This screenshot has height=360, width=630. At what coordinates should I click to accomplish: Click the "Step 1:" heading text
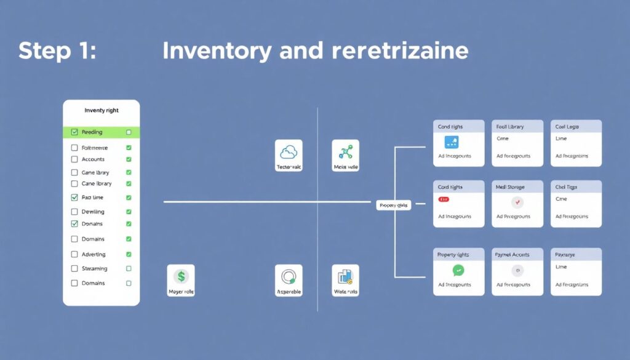pos(57,50)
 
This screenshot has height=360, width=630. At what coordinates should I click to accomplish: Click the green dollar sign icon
pos(181,276)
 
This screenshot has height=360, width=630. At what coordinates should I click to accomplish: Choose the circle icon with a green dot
pos(289,276)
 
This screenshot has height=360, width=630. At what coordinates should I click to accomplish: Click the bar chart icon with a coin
pos(345,276)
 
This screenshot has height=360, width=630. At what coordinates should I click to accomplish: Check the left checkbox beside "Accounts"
pos(74,159)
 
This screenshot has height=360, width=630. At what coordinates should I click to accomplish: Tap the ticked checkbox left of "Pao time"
pos(74,198)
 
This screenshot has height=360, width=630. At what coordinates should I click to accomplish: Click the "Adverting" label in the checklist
pos(94,254)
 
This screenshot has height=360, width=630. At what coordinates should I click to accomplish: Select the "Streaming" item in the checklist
pos(94,268)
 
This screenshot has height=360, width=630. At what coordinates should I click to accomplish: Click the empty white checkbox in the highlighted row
pos(129,132)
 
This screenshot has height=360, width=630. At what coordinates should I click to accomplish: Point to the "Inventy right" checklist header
pos(102,111)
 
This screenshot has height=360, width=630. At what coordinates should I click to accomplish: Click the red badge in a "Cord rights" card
pos(444,200)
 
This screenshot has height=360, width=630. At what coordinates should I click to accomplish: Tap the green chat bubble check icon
pos(458,270)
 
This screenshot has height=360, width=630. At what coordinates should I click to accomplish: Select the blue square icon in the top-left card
pos(452,142)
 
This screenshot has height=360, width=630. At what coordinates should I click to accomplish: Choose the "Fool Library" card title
pos(510,127)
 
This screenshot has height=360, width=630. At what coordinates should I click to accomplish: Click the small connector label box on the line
pos(393,205)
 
